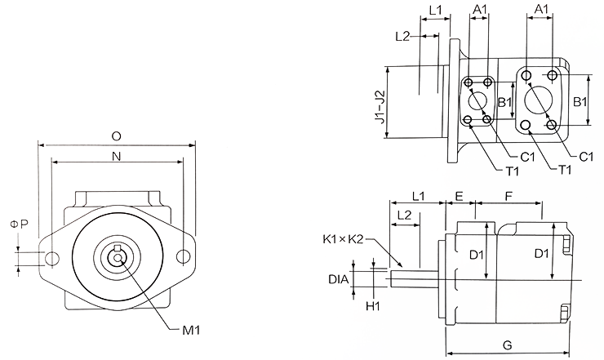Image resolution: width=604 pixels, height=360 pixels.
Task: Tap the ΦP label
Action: click(x=19, y=224)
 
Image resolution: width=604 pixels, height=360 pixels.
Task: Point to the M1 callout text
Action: click(x=190, y=331)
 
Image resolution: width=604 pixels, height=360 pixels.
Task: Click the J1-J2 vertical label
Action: click(x=379, y=106)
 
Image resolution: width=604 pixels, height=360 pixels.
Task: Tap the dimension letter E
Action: click(x=460, y=197)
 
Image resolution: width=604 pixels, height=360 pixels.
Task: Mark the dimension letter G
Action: click(x=507, y=345)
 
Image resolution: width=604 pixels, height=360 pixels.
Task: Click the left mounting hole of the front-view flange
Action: click(x=52, y=260)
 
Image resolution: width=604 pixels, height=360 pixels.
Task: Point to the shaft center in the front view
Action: click(x=119, y=260)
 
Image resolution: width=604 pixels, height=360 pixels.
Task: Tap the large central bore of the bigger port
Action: click(x=539, y=100)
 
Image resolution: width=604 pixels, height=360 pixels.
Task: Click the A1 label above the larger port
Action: click(x=540, y=9)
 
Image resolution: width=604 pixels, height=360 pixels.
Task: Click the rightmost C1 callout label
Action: click(x=585, y=156)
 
